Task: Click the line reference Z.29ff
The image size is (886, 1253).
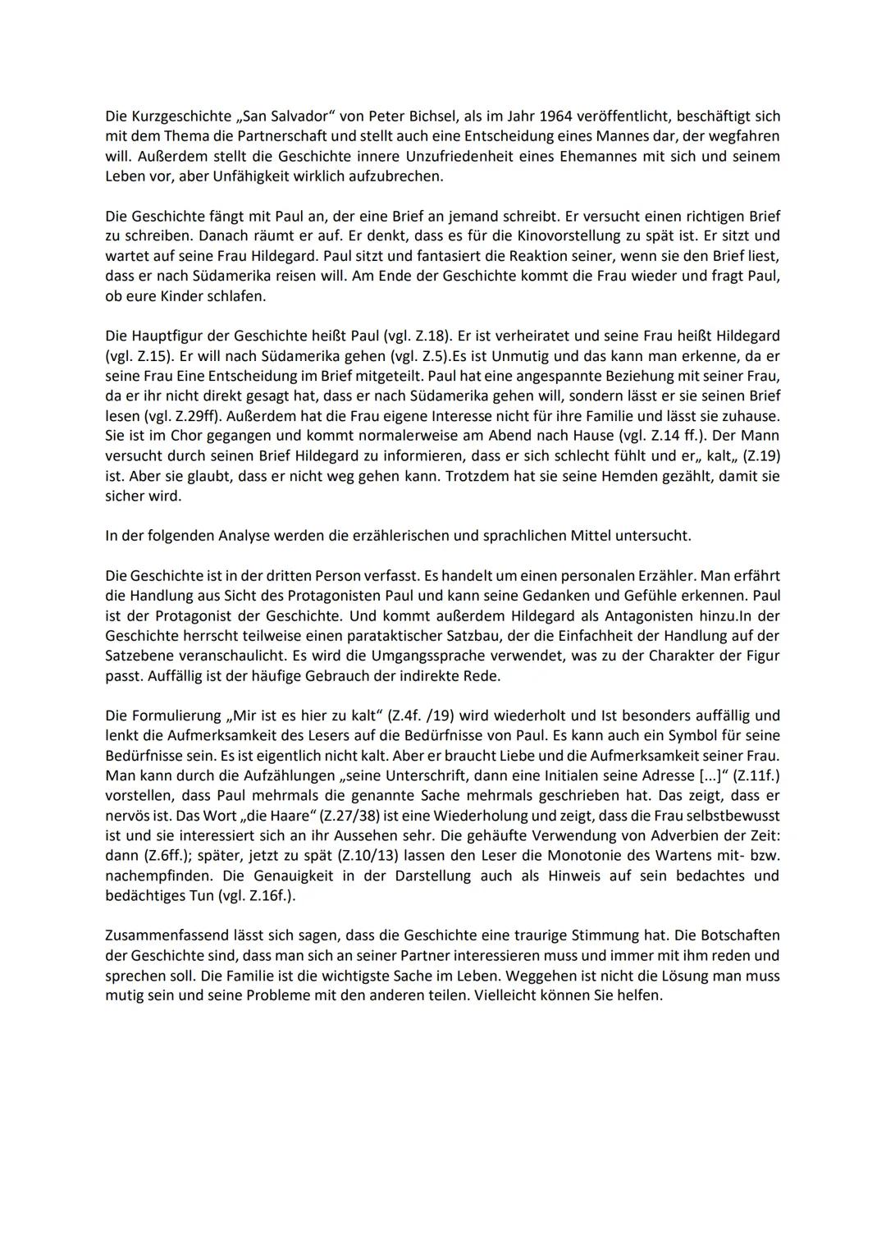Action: (x=188, y=415)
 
